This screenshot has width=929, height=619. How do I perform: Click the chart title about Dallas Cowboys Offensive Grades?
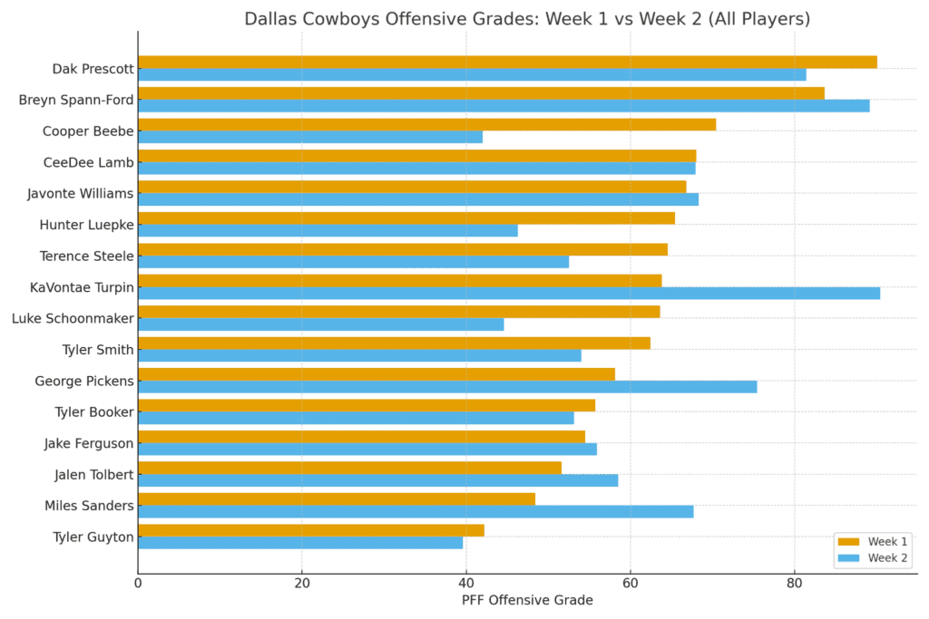(527, 19)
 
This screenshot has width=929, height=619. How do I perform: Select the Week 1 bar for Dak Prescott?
(507, 62)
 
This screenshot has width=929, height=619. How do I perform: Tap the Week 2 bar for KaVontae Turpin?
(509, 293)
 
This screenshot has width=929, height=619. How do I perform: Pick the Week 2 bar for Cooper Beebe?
(310, 137)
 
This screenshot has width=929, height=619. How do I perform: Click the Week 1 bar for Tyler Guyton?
(311, 530)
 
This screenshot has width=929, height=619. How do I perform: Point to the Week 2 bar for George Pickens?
(447, 387)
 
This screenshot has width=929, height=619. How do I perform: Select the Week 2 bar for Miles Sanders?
(416, 512)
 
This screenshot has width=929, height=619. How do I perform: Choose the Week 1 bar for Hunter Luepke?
(406, 218)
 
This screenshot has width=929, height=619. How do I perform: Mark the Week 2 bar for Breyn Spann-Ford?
(504, 106)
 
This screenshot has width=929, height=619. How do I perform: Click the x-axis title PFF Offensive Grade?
(527, 600)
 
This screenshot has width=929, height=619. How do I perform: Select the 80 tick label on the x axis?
(794, 584)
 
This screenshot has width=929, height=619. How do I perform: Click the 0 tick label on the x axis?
(138, 584)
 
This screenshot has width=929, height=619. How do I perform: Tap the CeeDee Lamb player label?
(89, 162)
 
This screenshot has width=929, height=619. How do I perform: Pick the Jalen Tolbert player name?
(94, 475)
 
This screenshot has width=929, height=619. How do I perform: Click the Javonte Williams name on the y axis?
(81, 193)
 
